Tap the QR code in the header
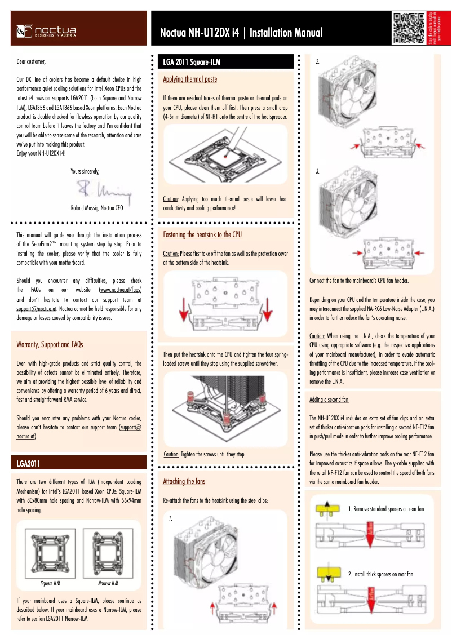[x=409, y=28]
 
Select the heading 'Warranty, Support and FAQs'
[x=50, y=344]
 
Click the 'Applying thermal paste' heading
[x=190, y=79]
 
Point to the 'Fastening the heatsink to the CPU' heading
[x=202, y=234]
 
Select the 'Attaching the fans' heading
[x=184, y=481]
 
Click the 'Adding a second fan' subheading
[x=329, y=400]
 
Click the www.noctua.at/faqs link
[x=119, y=290]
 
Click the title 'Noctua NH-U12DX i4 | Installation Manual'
[x=241, y=33]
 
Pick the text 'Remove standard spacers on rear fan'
[x=385, y=509]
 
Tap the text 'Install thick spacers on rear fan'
[x=380, y=574]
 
